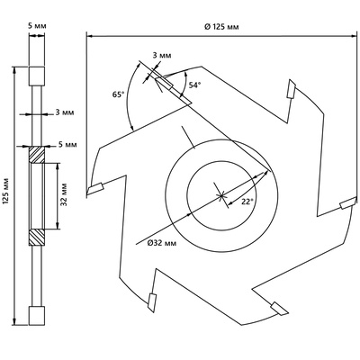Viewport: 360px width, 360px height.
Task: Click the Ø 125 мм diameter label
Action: click(x=221, y=27)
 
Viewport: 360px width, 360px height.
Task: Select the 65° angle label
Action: click(x=118, y=94)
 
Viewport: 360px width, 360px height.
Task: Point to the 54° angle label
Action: click(x=194, y=85)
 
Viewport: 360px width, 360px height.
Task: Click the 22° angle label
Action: click(x=247, y=202)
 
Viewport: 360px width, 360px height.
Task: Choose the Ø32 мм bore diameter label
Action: click(x=162, y=243)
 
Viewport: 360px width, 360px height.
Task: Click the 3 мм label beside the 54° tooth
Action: click(x=162, y=56)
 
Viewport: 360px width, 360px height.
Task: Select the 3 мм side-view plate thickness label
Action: click(x=65, y=112)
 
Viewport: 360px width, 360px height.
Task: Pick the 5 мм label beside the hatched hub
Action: click(x=67, y=145)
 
